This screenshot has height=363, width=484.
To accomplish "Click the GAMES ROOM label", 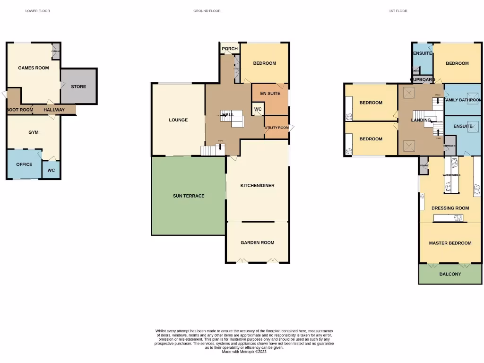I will tap(33, 68).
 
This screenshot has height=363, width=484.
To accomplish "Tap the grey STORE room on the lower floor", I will tap(78, 86).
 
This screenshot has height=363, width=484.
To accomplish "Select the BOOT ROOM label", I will tap(20, 110).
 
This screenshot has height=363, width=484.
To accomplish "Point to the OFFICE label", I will tap(24, 164).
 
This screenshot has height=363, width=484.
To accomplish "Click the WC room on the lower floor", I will tap(51, 170).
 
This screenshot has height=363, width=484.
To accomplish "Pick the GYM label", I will tap(33, 132).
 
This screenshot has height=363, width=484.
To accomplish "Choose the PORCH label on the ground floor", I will tap(230, 49).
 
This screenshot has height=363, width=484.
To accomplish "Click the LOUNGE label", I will tap(178, 120).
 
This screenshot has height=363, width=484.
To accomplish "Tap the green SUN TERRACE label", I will tap(189, 196).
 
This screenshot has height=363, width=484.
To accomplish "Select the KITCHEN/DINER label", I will tap(257, 186).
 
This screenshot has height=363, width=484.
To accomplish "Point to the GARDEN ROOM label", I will tap(257, 242).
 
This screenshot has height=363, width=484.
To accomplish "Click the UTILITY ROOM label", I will tap(277, 128).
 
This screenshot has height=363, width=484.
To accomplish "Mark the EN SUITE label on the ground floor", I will tap(270, 94).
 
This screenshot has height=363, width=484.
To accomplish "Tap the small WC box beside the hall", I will tap(258, 109).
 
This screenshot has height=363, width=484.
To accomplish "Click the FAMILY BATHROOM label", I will tap(463, 100).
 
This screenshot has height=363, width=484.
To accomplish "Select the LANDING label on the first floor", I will tap(420, 120).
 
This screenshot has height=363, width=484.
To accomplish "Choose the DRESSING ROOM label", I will tap(450, 208).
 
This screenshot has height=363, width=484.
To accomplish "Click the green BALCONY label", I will tap(450, 274).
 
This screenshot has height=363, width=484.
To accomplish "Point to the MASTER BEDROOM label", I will tap(450, 243).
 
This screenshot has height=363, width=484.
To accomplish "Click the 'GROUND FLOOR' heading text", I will tap(207, 11).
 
